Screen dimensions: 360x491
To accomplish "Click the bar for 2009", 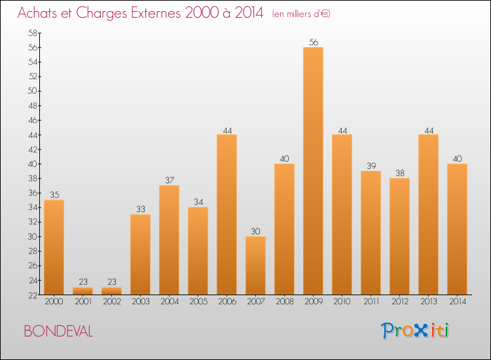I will coord(313,170).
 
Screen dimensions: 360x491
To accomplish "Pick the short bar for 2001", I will coord(82,291).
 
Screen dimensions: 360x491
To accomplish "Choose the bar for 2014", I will coord(457,228).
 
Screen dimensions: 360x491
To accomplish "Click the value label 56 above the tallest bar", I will coord(313,43).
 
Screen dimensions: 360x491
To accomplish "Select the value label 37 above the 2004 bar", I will coord(169,180).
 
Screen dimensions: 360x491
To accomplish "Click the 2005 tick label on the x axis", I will coord(198,302).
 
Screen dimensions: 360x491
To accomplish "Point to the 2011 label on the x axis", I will coord(371,302).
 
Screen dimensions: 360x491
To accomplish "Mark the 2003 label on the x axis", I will coord(140,302).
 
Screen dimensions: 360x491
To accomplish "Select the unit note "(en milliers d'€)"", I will coord(301,14).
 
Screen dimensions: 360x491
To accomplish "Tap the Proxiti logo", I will coord(415,331).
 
